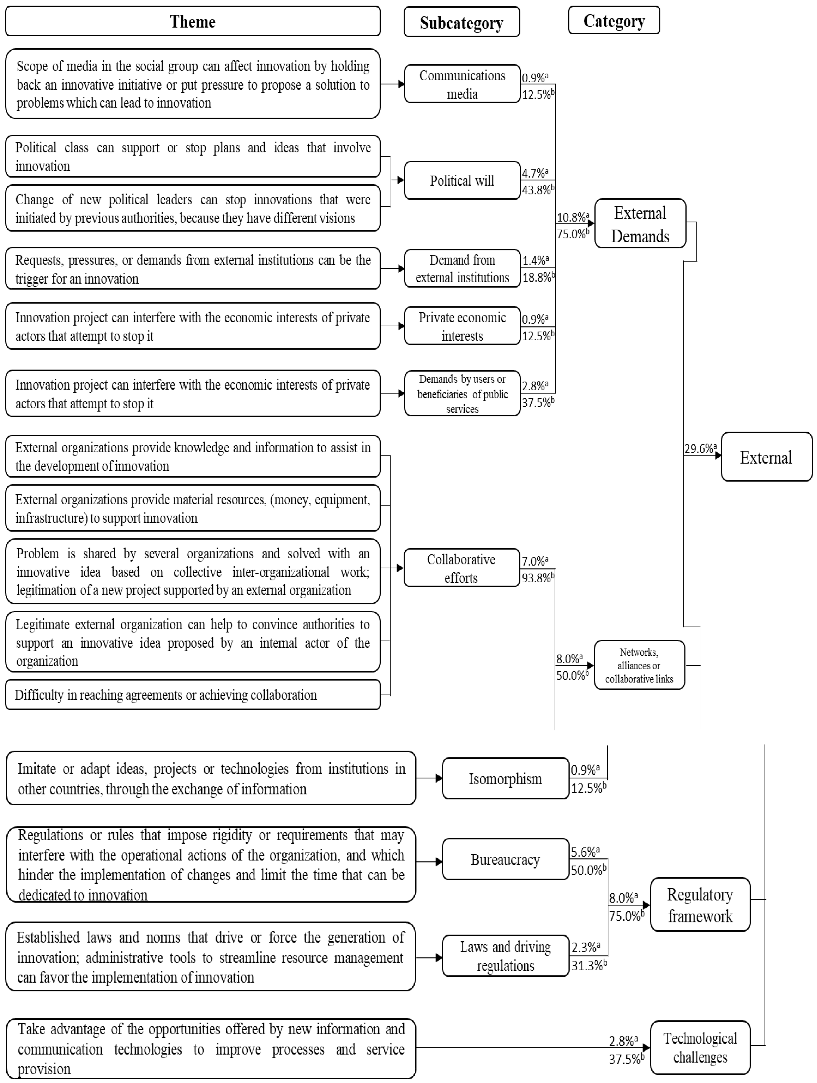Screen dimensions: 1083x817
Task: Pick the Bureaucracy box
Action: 505,860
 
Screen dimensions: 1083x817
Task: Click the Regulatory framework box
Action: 700,905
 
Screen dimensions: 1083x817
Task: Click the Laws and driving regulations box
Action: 505,956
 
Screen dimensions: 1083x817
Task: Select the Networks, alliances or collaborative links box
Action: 639,665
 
